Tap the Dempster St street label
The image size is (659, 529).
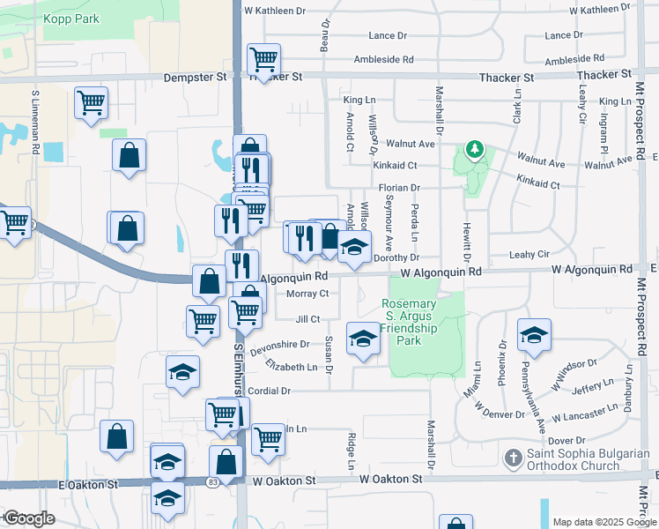(x=196, y=77)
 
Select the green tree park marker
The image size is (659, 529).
(x=475, y=150)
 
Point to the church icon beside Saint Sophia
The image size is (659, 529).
(x=513, y=458)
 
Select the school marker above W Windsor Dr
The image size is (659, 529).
(x=534, y=336)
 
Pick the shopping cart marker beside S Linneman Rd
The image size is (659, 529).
(x=91, y=104)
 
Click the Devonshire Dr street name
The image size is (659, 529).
(x=279, y=346)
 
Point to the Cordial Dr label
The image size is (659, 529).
(x=269, y=391)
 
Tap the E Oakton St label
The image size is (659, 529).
(x=88, y=485)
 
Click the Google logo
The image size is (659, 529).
(x=31, y=518)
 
